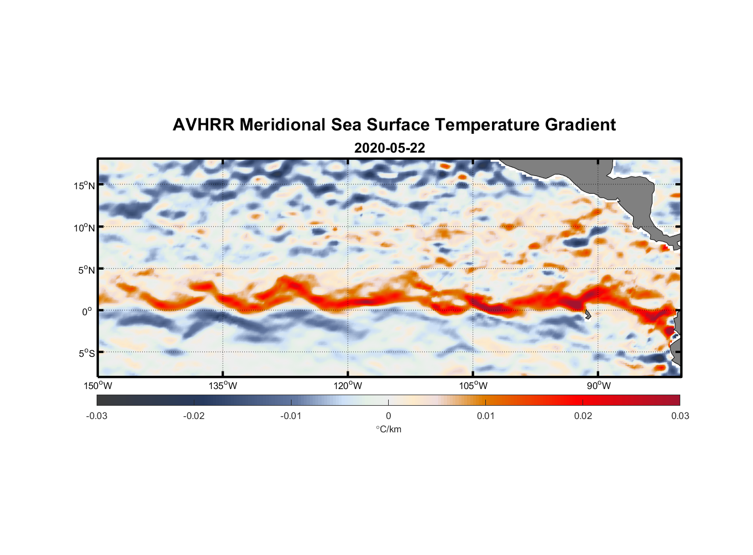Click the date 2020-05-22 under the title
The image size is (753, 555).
tap(389, 148)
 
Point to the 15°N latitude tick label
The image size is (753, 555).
tap(84, 185)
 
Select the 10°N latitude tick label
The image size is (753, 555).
tap(84, 228)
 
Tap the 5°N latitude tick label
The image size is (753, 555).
tap(87, 270)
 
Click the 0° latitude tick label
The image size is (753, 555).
tap(87, 311)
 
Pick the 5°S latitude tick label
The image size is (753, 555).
tap(87, 353)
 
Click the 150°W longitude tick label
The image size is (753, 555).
tap(98, 386)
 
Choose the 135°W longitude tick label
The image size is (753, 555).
tap(223, 386)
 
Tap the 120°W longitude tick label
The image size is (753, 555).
tap(348, 386)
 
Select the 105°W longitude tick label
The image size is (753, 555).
tap(473, 386)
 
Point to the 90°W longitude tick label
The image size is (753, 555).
tap(599, 386)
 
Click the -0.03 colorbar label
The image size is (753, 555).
tap(97, 416)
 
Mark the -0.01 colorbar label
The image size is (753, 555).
tap(291, 416)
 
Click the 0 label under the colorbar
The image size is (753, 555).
tap(388, 416)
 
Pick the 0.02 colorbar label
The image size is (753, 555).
tap(583, 416)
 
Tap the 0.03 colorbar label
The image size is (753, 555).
tap(680, 416)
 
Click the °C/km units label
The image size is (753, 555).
tap(388, 429)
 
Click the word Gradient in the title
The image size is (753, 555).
tap(580, 125)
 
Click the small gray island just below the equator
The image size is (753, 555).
tap(588, 315)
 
